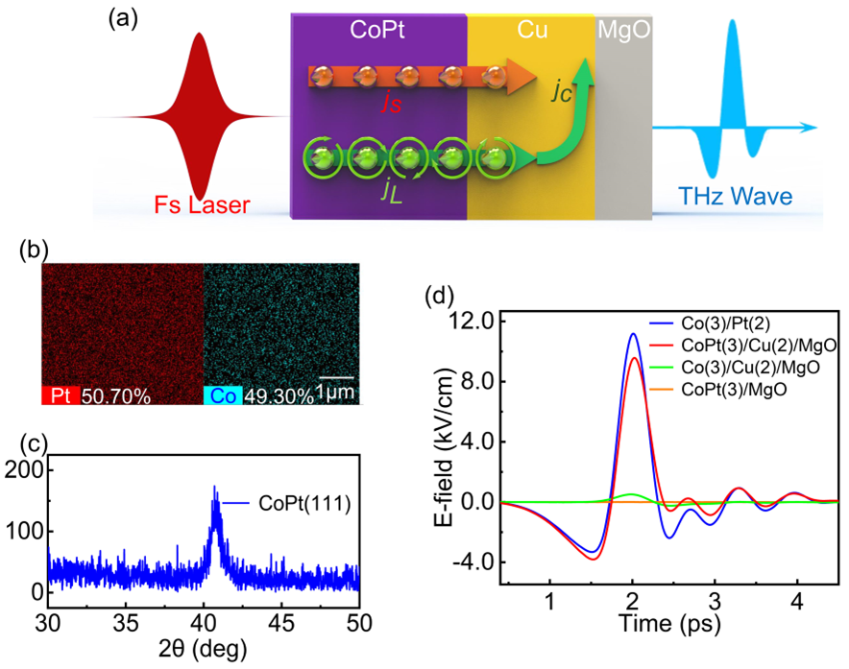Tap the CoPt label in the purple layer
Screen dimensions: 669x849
click(x=377, y=30)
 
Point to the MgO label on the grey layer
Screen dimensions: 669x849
click(x=624, y=30)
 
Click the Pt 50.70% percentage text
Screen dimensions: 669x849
click(x=115, y=395)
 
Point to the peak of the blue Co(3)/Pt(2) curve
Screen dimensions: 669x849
click(x=632, y=334)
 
